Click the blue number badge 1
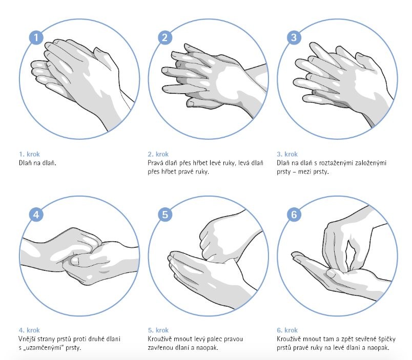(36, 37)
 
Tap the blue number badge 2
(165, 37)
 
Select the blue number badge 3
(294, 37)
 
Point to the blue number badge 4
(36, 215)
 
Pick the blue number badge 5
(165, 215)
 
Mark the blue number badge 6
(294, 215)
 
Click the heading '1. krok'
(29, 154)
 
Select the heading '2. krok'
(158, 154)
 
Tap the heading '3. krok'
(287, 154)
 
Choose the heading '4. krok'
(29, 330)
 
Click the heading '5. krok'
(158, 330)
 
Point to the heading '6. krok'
(287, 330)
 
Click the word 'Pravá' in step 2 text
(155, 163)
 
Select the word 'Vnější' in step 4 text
(27, 339)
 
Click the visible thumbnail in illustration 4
(75, 261)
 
